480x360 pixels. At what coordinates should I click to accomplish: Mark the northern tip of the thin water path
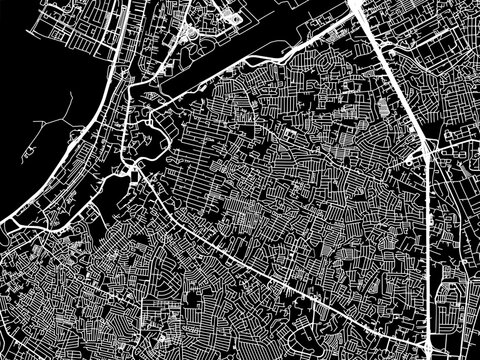point(76,91)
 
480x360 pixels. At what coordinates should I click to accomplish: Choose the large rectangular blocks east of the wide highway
point(450,60)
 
